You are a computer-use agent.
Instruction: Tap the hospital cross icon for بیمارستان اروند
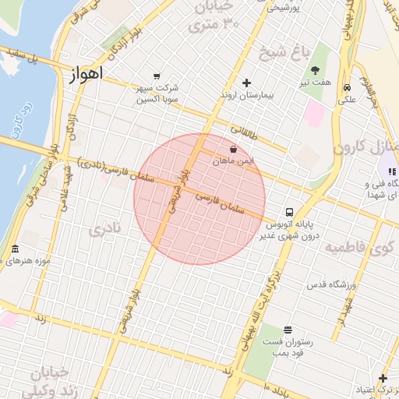click(x=247, y=83)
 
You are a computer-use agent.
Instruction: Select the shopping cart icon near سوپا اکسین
click(x=157, y=76)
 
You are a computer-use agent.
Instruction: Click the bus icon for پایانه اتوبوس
click(x=289, y=212)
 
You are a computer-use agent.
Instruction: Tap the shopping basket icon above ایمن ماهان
click(x=234, y=149)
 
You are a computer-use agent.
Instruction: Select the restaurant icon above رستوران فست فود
click(x=288, y=330)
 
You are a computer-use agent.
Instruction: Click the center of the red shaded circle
click(x=199, y=199)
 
